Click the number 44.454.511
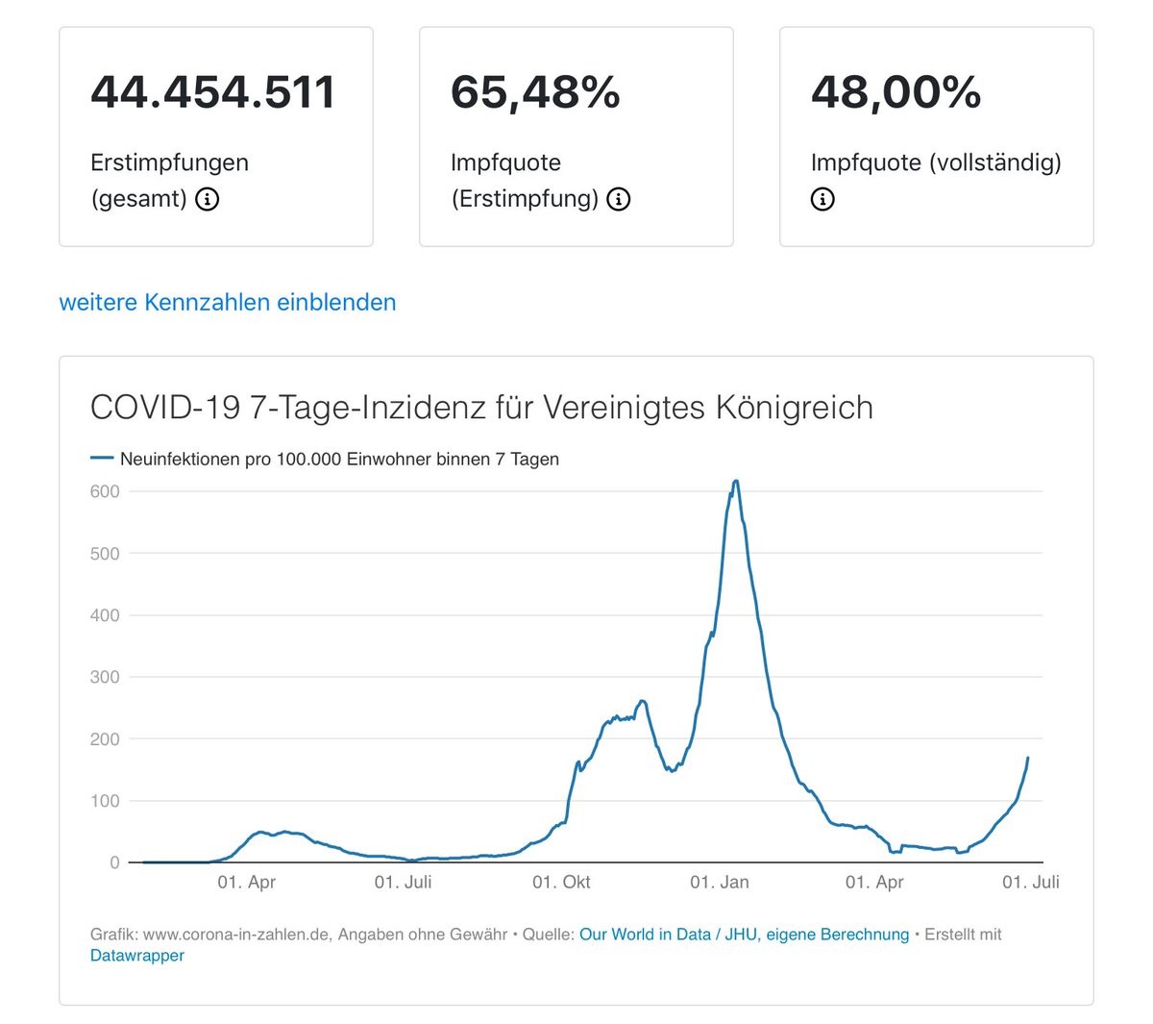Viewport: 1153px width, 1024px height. [x=213, y=92]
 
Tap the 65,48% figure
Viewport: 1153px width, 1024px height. [x=535, y=92]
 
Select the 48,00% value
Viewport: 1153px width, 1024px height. [x=895, y=92]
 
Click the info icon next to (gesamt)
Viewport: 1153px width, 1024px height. [x=208, y=199]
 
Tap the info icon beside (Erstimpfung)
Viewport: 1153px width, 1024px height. [x=619, y=199]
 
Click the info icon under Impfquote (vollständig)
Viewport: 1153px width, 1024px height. [x=822, y=199]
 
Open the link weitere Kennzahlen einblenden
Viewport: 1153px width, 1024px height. [x=228, y=302]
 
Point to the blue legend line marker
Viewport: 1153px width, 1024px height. [x=102, y=459]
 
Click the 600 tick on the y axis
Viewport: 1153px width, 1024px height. [x=105, y=491]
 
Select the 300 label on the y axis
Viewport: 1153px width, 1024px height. [x=105, y=677]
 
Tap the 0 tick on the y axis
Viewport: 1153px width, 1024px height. [x=114, y=862]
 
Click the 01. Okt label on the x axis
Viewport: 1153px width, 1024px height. [x=561, y=882]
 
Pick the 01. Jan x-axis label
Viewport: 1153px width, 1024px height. [x=719, y=882]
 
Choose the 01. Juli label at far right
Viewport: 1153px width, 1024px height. [x=1030, y=882]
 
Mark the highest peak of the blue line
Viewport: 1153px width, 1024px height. [x=736, y=481]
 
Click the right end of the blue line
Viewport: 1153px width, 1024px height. [x=1028, y=758]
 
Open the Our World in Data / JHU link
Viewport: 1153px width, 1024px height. [x=744, y=934]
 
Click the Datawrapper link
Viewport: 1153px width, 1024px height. [x=137, y=955]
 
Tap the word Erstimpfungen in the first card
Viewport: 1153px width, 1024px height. [x=169, y=162]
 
